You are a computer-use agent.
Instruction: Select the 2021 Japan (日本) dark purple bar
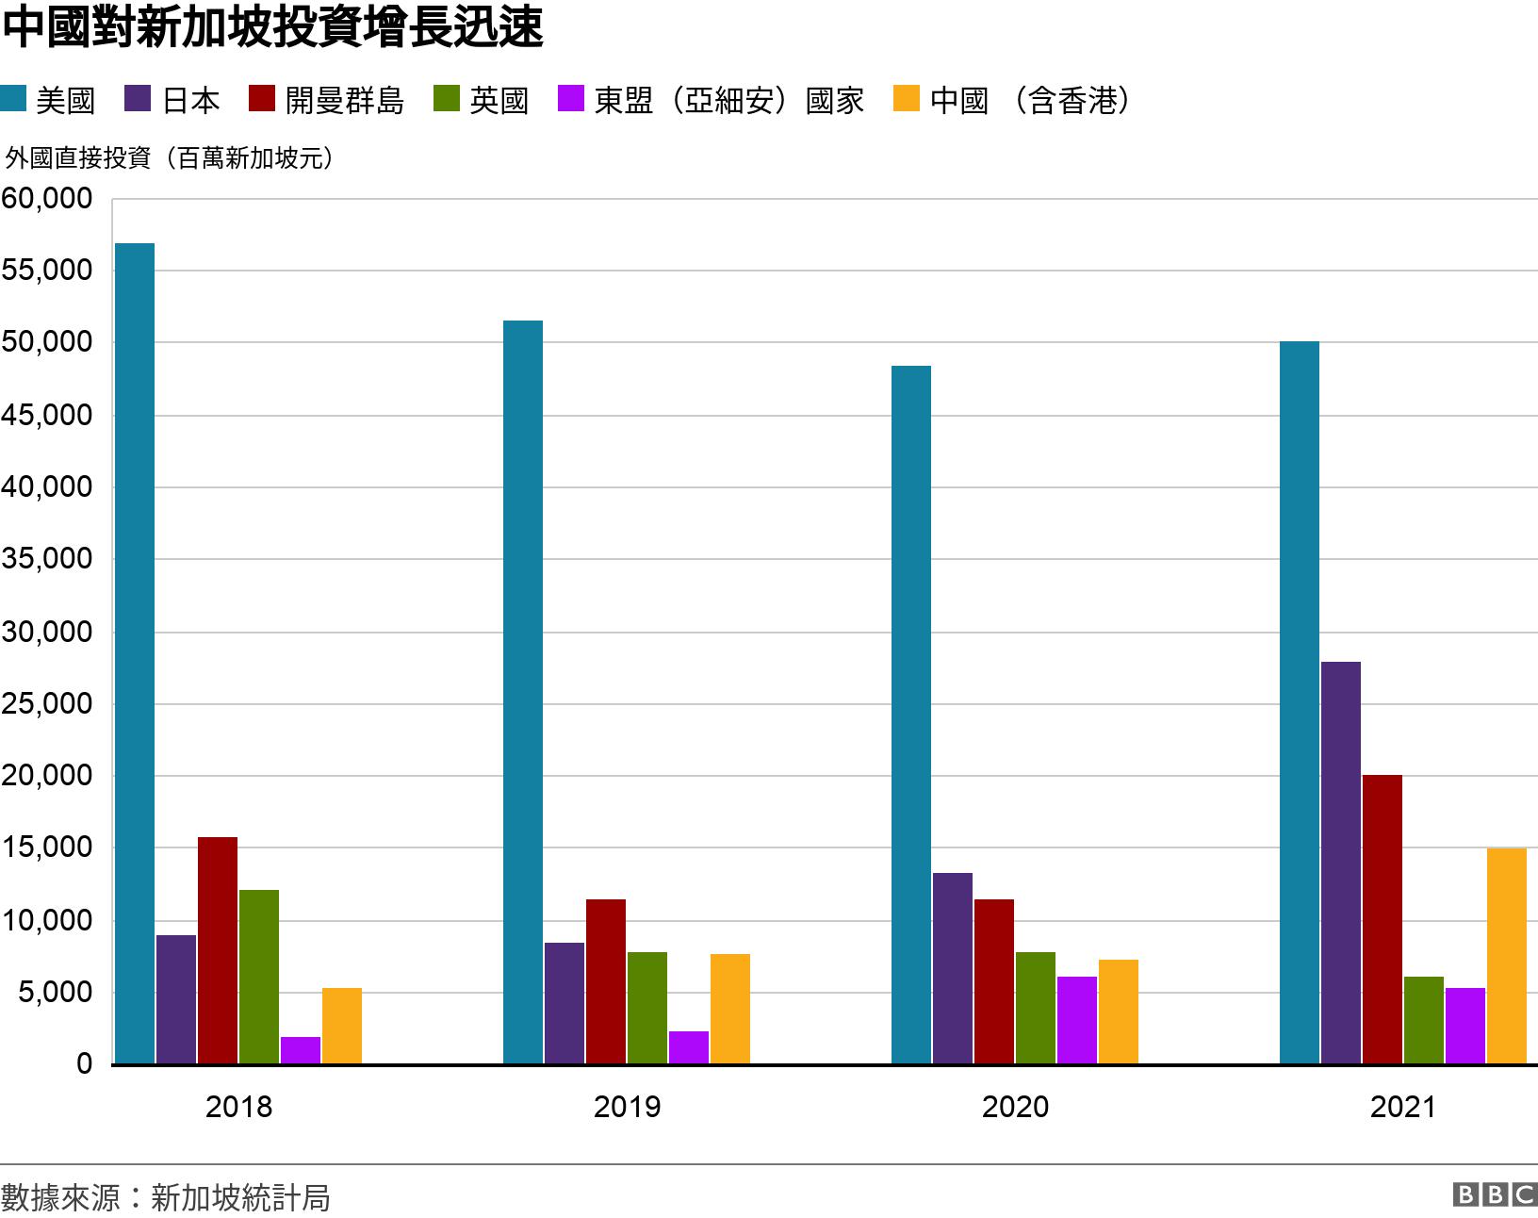[x=1340, y=863]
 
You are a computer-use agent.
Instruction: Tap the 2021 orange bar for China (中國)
[x=1506, y=956]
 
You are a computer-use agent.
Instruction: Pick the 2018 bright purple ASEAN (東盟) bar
[x=300, y=1050]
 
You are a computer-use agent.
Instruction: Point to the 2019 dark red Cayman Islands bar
[x=605, y=981]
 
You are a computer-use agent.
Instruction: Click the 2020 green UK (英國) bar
[x=1035, y=1008]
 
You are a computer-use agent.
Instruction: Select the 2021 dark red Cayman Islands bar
[x=1382, y=919]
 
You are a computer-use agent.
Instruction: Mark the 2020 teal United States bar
[x=910, y=715]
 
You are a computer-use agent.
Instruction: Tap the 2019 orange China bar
[x=729, y=1009]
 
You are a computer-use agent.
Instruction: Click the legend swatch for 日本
[x=138, y=99]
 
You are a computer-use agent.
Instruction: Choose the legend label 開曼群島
[x=344, y=100]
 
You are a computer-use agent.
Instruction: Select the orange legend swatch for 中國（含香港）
[x=906, y=99]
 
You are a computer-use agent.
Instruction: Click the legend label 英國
[x=499, y=100]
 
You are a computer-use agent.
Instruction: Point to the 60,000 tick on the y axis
[x=47, y=199]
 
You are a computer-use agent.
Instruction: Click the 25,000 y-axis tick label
[x=47, y=703]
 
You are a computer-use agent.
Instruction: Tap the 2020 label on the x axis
[x=1015, y=1107]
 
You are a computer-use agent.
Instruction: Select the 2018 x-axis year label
[x=238, y=1107]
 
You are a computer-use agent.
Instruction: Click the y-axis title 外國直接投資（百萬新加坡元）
[x=170, y=157]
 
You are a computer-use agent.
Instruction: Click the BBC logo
[x=1495, y=1194]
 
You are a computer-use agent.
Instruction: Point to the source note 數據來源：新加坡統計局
[x=166, y=1197]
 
